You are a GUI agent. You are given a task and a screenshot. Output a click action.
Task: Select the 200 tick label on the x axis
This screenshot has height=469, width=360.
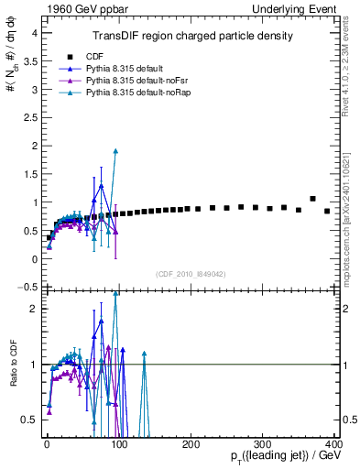pos(191,444)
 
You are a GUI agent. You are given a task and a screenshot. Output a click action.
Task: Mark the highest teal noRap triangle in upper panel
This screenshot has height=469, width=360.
pos(115,151)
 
